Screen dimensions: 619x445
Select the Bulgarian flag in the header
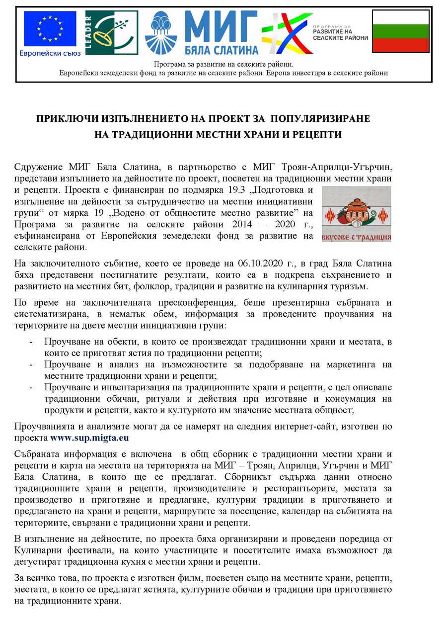tap(400, 31)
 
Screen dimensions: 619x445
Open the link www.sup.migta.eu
tap(89, 438)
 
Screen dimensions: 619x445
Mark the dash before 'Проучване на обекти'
tap(32, 342)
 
